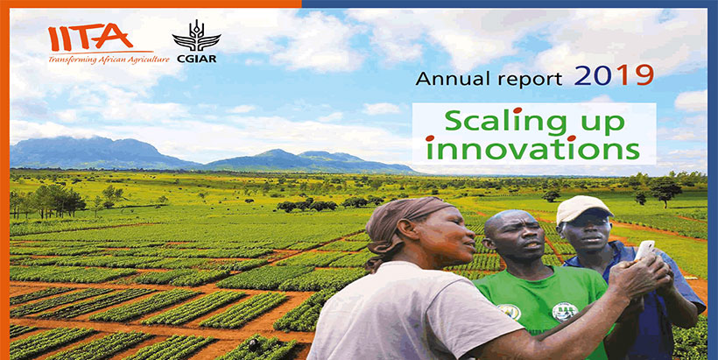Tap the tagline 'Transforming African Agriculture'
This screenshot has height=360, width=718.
[101, 59]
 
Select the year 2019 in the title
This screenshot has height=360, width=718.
[614, 76]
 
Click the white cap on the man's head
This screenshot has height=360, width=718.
[584, 208]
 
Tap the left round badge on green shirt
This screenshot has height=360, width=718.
[508, 311]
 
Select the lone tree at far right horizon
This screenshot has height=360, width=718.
[665, 188]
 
